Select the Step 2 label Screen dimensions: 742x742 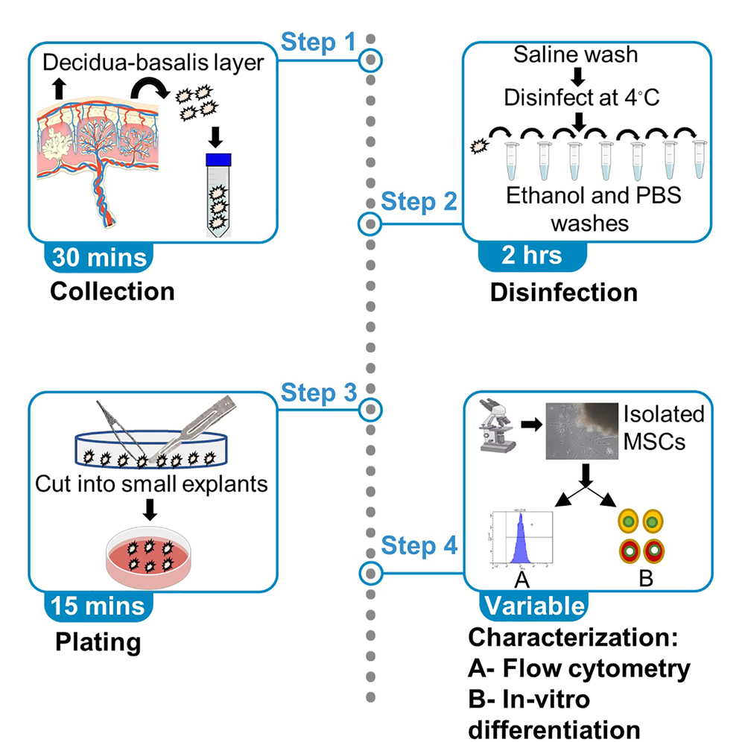tap(418, 202)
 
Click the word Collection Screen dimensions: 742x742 tap(112, 291)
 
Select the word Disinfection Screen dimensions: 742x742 tap(563, 291)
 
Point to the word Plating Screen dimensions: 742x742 tap(98, 641)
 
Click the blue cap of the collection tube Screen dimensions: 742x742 tap(219, 159)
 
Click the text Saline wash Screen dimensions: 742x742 tap(577, 55)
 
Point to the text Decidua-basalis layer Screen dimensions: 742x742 tap(153, 63)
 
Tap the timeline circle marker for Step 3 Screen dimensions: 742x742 tap(370, 408)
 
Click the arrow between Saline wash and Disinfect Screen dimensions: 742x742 tap(577, 76)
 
